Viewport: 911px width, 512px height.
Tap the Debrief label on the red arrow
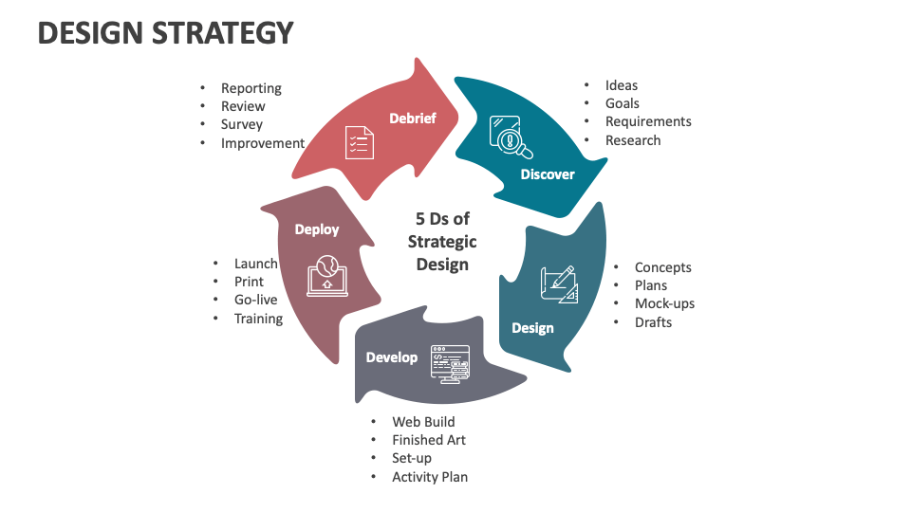413,118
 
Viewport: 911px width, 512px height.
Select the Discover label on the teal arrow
548,174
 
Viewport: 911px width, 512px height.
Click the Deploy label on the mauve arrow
316,229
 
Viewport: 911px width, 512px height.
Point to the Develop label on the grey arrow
392,357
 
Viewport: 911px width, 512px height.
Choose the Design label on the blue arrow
532,328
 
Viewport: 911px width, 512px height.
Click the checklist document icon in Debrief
359,142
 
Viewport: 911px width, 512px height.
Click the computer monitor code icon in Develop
450,362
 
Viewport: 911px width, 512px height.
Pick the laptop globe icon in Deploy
326,276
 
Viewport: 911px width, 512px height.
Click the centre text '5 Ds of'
442,219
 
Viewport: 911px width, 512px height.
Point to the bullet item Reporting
251,88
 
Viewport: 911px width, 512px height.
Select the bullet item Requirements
648,121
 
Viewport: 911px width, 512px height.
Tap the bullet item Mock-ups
664,303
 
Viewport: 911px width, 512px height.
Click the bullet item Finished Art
429,440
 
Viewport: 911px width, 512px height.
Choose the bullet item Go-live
255,300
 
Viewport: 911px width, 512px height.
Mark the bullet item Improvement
263,143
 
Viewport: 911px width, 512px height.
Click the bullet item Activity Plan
430,477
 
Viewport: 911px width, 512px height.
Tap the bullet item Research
633,140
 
